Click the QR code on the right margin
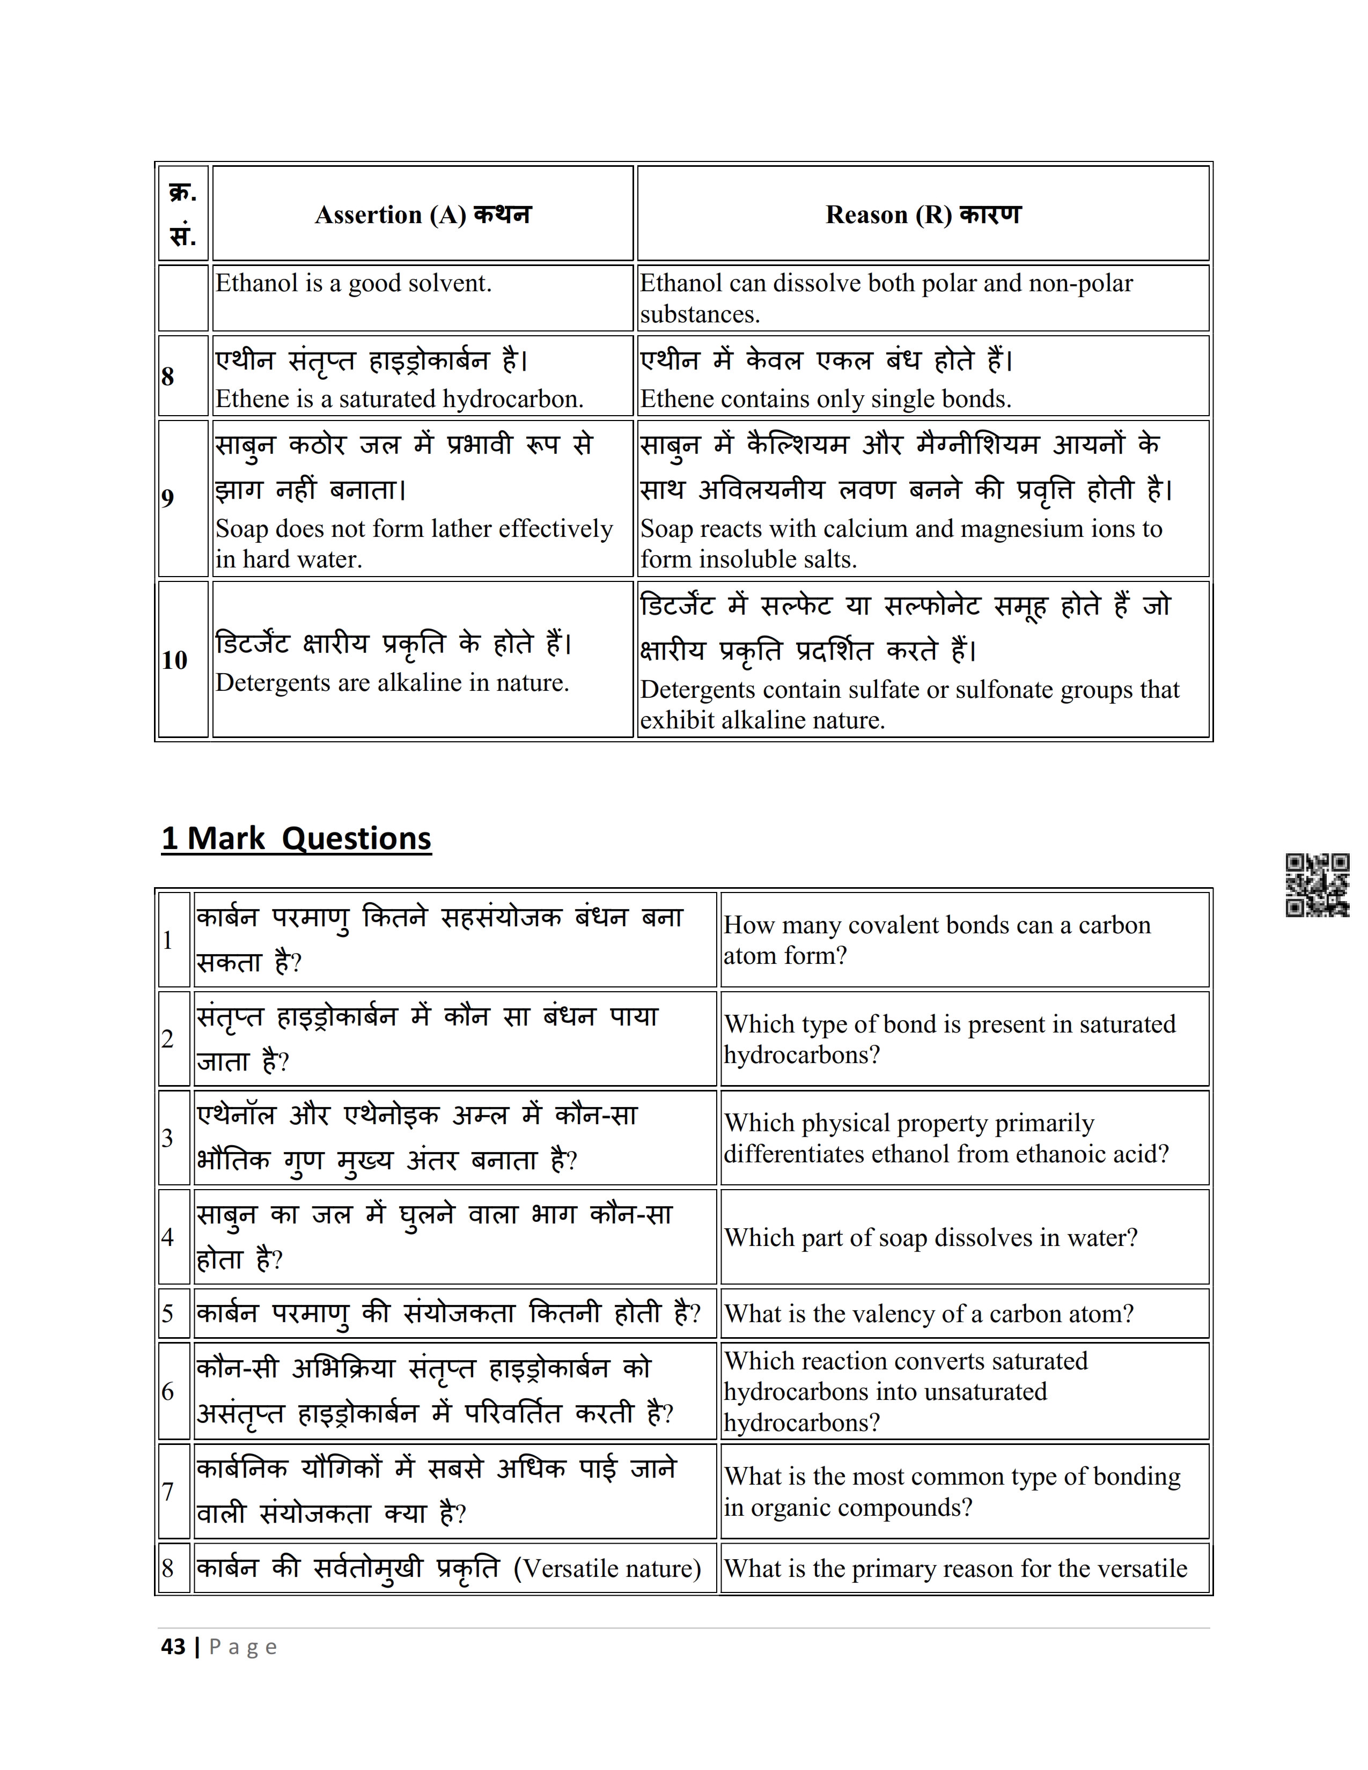tap(1317, 885)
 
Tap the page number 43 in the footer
tap(173, 1647)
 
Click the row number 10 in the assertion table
tap(174, 660)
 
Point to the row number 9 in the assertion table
tap(168, 498)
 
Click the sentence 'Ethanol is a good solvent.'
tap(354, 284)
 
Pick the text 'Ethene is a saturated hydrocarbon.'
tap(399, 399)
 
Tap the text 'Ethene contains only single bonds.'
tap(825, 399)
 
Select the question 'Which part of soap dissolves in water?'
tap(930, 1237)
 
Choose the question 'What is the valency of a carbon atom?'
tap(929, 1314)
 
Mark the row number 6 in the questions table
tap(168, 1391)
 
